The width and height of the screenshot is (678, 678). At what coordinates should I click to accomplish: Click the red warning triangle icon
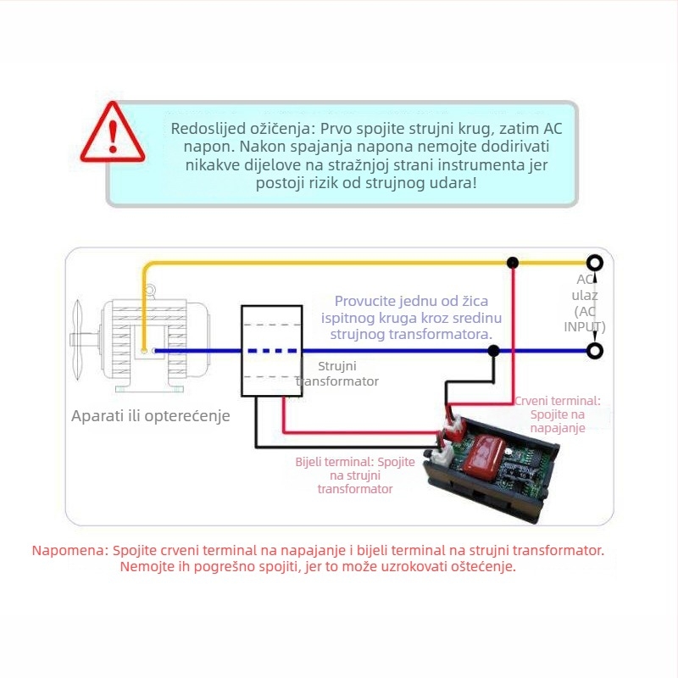113,133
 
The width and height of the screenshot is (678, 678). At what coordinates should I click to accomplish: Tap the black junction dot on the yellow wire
513,263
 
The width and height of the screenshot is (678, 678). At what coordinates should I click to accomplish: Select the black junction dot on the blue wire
493,351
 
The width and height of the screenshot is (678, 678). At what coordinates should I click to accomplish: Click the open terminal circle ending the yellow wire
595,263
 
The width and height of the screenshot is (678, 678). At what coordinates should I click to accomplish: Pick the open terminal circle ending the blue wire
595,351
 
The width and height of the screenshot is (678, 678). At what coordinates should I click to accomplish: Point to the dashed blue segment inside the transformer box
272,351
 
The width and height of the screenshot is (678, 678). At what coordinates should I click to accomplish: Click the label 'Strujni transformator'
337,374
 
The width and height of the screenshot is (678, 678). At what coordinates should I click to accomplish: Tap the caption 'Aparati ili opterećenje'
151,416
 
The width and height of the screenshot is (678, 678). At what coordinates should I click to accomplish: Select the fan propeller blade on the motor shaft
77,340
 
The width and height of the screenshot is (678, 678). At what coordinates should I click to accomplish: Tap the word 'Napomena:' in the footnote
70,550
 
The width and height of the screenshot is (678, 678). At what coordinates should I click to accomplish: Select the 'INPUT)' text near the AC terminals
585,327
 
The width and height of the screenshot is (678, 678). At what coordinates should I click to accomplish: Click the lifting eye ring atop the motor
149,290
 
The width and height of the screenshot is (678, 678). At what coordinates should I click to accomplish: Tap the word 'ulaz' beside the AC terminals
585,296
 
